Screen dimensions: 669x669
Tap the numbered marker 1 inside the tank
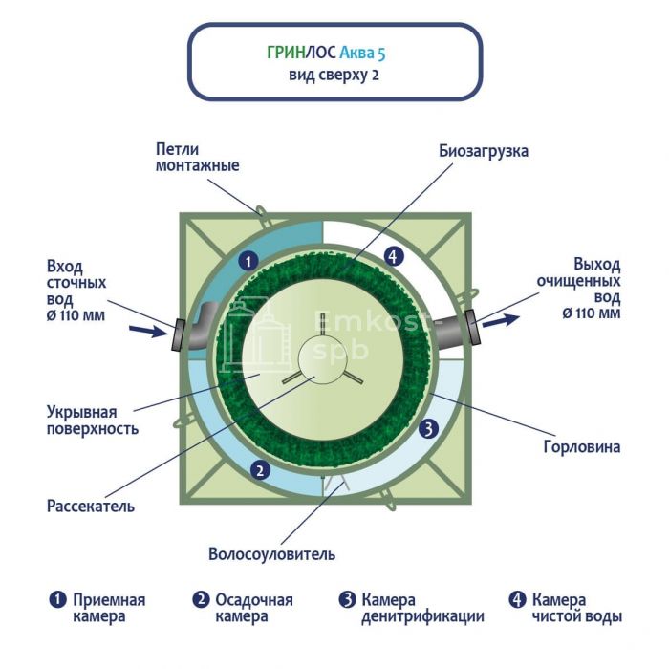tap(248, 259)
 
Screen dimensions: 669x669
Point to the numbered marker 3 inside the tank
tap(429, 428)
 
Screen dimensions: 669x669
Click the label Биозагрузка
tap(484, 151)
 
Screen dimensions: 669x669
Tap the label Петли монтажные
tap(197, 157)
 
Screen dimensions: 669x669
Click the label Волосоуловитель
tap(271, 554)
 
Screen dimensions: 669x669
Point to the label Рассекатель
tap(91, 505)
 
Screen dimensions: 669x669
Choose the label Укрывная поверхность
tap(93, 421)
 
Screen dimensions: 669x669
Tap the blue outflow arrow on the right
tap(498, 321)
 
